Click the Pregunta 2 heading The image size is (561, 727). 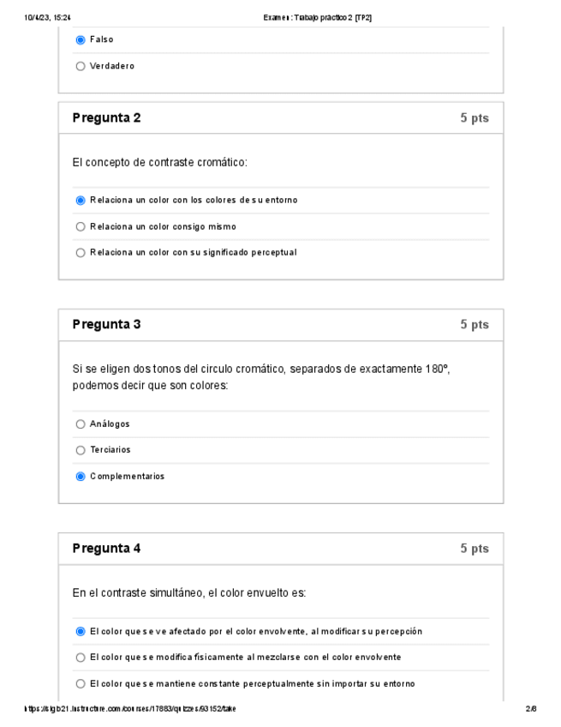106,118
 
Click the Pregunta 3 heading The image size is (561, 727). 106,325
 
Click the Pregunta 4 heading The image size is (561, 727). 106,549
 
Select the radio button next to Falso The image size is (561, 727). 81,39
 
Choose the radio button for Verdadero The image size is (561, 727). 81,66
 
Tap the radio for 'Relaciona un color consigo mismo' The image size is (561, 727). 81,227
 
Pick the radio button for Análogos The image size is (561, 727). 81,424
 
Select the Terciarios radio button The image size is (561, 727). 81,450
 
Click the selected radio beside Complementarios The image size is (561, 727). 81,477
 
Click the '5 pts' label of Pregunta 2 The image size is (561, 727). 474,118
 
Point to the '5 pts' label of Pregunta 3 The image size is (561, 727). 474,325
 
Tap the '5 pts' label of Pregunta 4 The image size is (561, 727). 474,549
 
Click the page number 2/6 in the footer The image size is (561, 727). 531,709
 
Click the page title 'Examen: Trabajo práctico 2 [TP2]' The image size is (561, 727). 318,17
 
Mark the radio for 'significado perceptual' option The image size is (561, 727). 81,253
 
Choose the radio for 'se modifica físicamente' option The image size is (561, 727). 81,658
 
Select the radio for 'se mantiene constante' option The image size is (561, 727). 81,684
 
